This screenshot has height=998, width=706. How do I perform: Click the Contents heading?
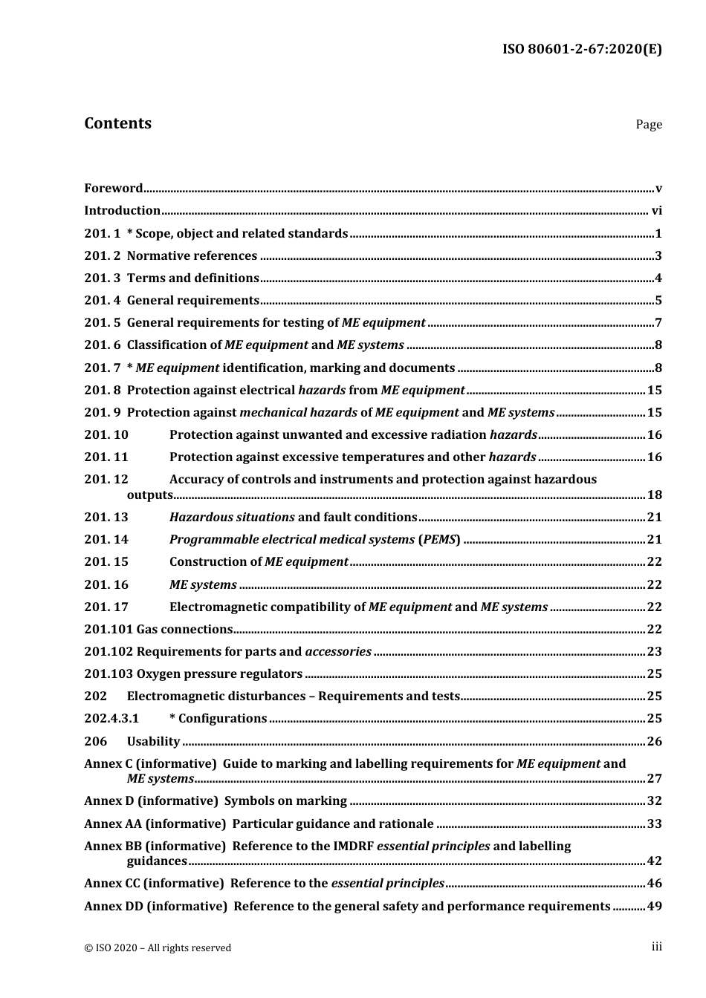click(x=117, y=123)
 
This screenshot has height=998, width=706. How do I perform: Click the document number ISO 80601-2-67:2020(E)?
click(x=582, y=50)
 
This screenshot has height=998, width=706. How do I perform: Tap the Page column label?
click(x=648, y=125)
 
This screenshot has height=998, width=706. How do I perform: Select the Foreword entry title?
click(x=113, y=189)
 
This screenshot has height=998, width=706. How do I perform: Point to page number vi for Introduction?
click(x=656, y=211)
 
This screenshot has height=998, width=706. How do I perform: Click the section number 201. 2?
click(x=102, y=256)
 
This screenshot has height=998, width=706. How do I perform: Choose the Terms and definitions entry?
click(x=192, y=278)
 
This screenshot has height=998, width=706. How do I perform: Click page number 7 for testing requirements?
click(x=658, y=323)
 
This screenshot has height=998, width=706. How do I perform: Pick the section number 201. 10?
click(x=106, y=435)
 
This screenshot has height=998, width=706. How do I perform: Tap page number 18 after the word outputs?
click(x=654, y=495)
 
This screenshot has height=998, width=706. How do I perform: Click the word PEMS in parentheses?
click(x=438, y=540)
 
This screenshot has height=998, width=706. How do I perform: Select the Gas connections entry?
click(x=184, y=630)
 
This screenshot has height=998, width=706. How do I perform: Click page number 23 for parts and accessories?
click(x=654, y=652)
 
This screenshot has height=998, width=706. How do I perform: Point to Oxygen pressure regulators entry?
click(x=219, y=674)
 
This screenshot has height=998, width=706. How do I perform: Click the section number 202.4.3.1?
click(x=111, y=719)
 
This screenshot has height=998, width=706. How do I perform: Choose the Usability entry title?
click(x=153, y=741)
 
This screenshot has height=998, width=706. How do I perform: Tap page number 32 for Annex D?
click(x=654, y=801)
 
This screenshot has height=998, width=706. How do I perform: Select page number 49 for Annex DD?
click(x=654, y=906)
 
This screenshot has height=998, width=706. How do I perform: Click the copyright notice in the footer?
click(x=158, y=948)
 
